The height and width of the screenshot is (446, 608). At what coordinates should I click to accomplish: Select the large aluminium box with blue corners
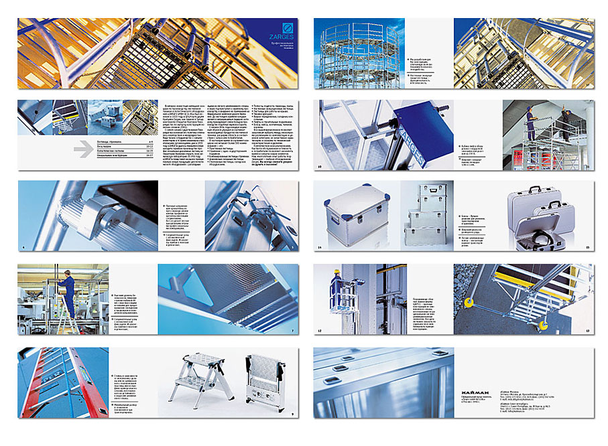pyautogui.click(x=355, y=214)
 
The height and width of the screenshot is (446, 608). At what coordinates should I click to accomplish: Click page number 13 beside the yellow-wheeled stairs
pyautogui.click(x=587, y=331)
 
